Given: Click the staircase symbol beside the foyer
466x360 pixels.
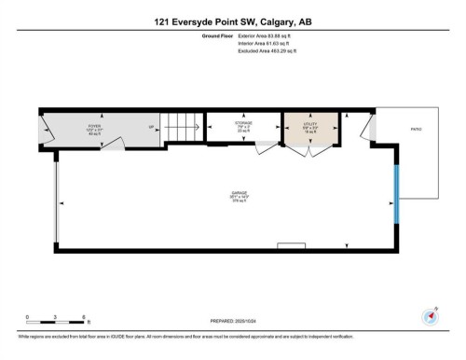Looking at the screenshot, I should (x=183, y=128).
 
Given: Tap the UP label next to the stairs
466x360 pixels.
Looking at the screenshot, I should (x=150, y=128).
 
